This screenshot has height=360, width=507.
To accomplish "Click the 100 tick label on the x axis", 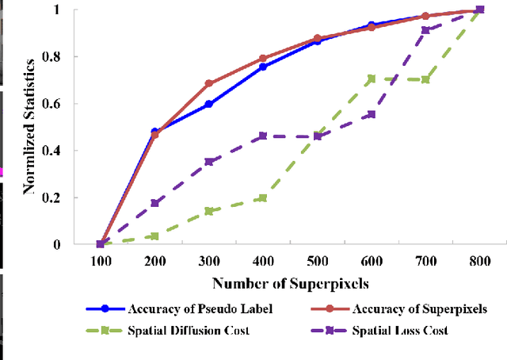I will point(101,260).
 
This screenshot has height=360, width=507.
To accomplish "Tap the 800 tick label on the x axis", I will point(479,260).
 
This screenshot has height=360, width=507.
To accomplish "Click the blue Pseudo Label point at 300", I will point(209,104).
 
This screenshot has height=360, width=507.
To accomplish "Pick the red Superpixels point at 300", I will point(209,83).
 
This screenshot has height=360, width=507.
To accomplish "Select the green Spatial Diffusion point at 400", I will point(263,197).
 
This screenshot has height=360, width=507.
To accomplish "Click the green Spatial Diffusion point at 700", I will point(425,79).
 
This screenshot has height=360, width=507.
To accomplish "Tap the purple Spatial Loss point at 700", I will point(425,30).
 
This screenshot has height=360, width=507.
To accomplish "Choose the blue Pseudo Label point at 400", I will point(263,67).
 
